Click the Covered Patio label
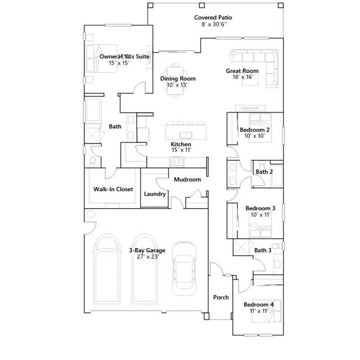[213, 17]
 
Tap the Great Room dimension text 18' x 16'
[242, 77]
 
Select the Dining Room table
[175, 80]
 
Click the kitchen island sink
[186, 135]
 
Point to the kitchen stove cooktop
[177, 161]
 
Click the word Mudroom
[187, 179]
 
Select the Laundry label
[155, 194]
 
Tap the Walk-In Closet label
[113, 189]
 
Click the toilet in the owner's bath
[92, 161]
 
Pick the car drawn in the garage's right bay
[184, 268]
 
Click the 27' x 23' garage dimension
[147, 256]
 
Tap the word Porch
[221, 298]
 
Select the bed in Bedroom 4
[267, 311]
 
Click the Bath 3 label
[263, 250]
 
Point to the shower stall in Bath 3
[241, 247]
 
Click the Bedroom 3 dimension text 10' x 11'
[260, 215]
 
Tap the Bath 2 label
[264, 172]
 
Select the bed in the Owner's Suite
[101, 58]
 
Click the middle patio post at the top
[201, 5]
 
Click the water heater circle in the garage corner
[91, 215]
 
